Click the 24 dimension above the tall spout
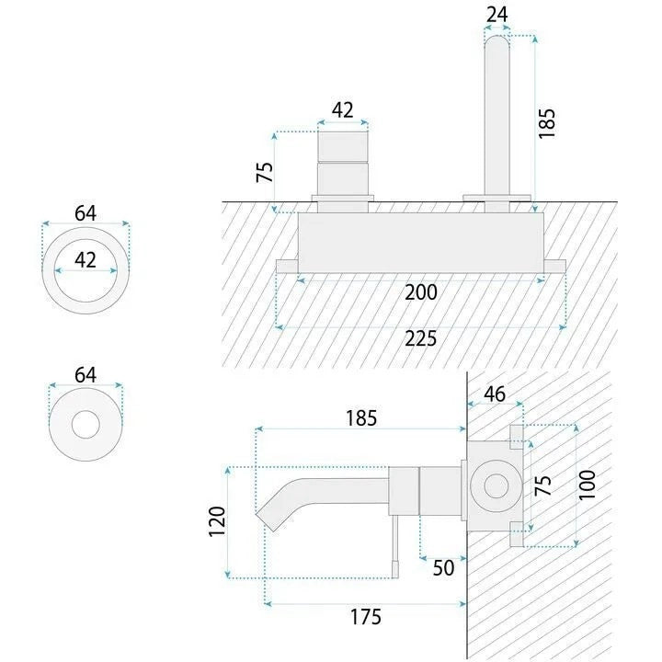[x=496, y=16]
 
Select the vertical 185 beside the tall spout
[x=546, y=123]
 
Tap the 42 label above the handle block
[x=342, y=110]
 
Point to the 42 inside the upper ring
[x=86, y=259]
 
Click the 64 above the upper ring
[x=86, y=213]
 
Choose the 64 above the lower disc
[x=86, y=375]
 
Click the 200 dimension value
[x=421, y=292]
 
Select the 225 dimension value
[x=421, y=338]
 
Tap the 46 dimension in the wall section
[x=495, y=394]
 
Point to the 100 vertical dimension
[x=587, y=485]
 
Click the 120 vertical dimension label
[x=217, y=521]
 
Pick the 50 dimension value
[x=443, y=568]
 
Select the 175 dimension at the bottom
[x=366, y=617]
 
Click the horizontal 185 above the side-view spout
[x=361, y=418]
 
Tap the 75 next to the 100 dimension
[x=543, y=485]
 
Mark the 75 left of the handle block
[x=265, y=172]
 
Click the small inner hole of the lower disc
[x=86, y=424]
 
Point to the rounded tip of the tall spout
[x=496, y=38]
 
